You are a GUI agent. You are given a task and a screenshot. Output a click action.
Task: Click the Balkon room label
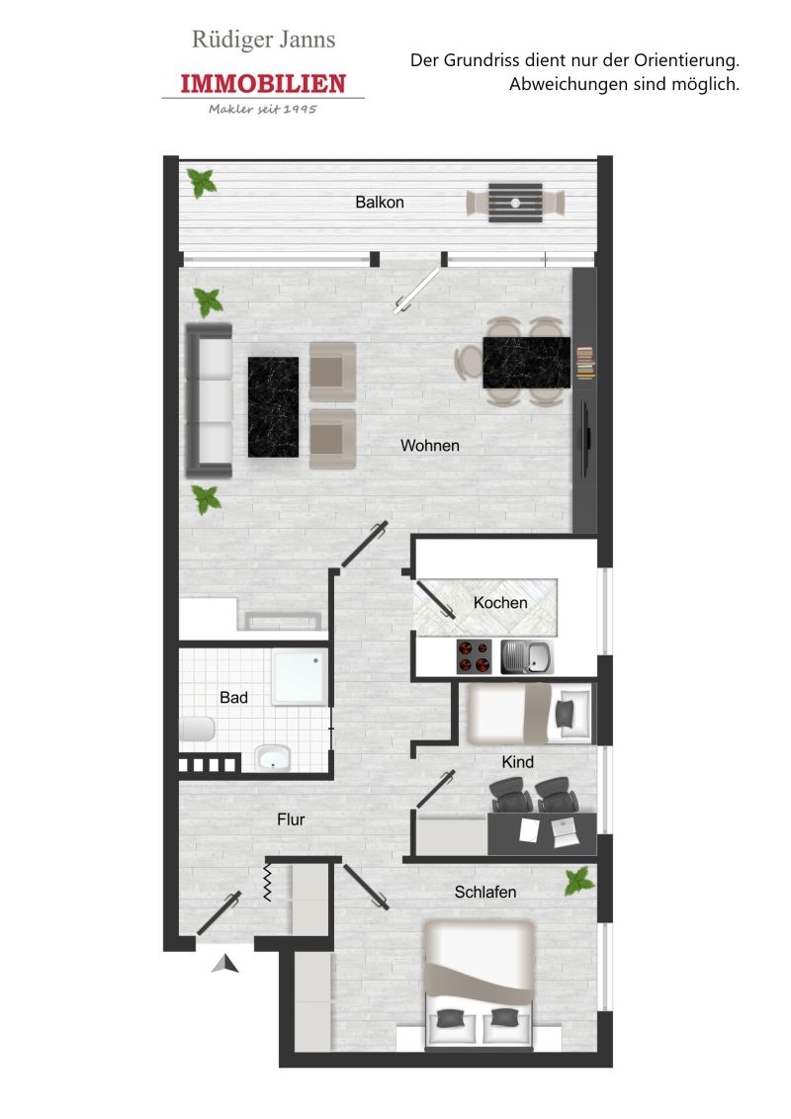tap(379, 202)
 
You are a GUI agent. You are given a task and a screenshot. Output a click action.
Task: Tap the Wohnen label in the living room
tap(430, 445)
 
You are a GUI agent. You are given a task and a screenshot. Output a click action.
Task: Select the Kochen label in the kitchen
tap(500, 602)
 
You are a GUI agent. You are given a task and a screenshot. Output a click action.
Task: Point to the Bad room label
tap(233, 697)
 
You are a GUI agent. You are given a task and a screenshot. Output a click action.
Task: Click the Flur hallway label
tap(291, 819)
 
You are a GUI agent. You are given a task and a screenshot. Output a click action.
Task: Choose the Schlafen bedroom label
tap(485, 892)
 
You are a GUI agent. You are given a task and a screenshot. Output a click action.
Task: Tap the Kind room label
tap(517, 762)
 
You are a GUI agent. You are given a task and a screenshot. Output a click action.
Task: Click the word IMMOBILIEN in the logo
tap(263, 83)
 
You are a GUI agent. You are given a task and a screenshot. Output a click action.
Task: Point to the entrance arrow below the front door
tap(224, 964)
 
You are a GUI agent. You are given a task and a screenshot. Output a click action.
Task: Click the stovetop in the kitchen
tap(474, 656)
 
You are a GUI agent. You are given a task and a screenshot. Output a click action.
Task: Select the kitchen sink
tap(527, 656)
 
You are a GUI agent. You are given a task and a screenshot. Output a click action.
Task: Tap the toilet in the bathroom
tap(197, 730)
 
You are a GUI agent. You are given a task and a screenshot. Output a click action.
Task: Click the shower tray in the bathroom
tap(300, 677)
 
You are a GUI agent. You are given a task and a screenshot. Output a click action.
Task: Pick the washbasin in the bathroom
tap(273, 758)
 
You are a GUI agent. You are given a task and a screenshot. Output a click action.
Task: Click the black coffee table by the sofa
tap(273, 407)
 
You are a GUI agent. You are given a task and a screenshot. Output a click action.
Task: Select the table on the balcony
tap(515, 203)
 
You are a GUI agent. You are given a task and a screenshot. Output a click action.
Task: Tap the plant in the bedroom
tap(579, 881)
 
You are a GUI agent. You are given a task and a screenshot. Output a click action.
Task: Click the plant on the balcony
tap(202, 183)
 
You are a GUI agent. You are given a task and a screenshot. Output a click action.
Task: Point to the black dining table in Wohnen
tap(526, 363)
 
